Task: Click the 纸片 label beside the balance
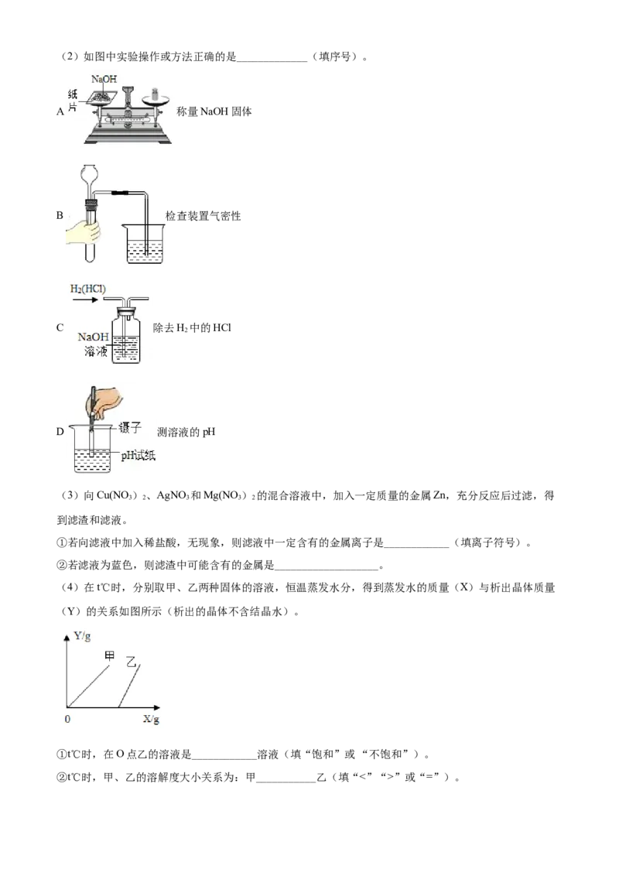(x=72, y=98)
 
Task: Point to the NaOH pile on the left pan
(x=101, y=96)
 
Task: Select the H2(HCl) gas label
(x=88, y=289)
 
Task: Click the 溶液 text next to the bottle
(x=94, y=352)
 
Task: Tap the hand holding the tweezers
(x=108, y=399)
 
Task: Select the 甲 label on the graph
(x=110, y=655)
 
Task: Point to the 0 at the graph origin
(x=67, y=719)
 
